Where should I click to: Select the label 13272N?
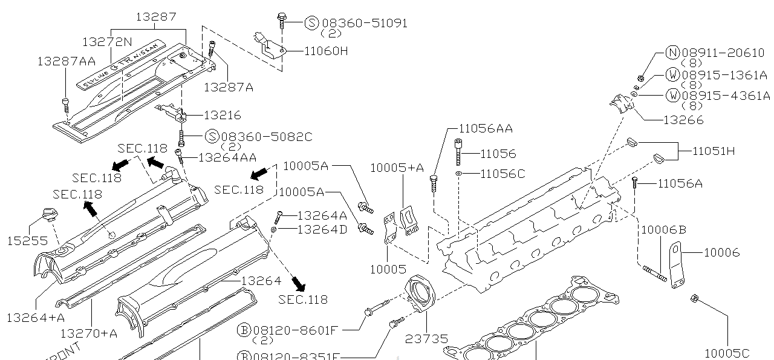coord(106,41)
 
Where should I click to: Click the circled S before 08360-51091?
coord(311,23)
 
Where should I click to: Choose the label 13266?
coord(683,120)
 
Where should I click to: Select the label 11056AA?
coord(486,128)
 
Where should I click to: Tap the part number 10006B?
coord(663,229)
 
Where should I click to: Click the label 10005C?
coord(727,353)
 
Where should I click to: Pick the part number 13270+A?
coord(89,332)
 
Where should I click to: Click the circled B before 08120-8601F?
coord(244,330)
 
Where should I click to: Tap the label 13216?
coord(222,115)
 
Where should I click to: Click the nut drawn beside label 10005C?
coord(695,298)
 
